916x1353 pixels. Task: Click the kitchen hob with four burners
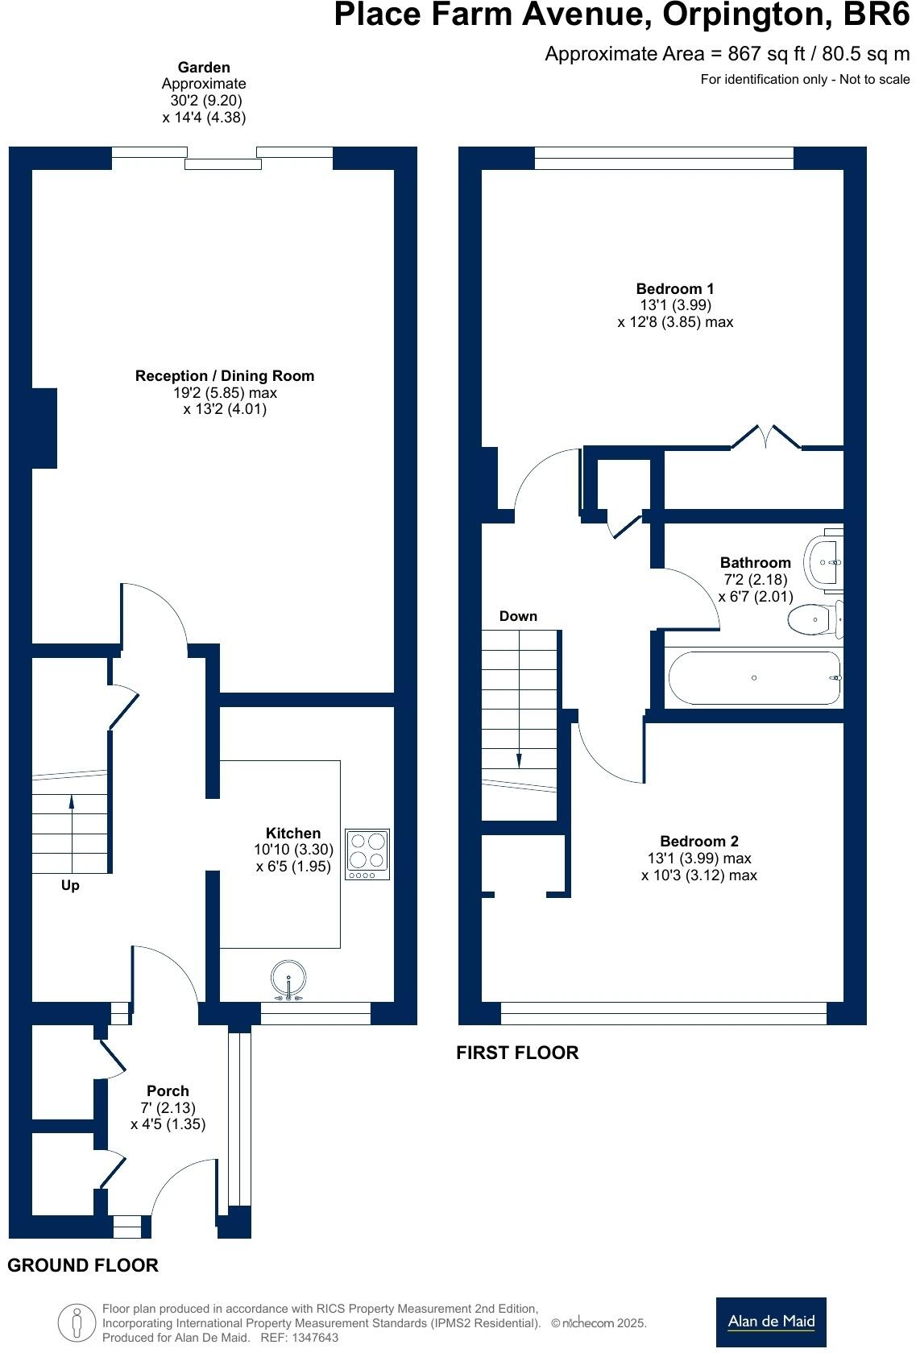pyautogui.click(x=367, y=854)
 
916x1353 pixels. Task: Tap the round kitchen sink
pyautogui.click(x=289, y=979)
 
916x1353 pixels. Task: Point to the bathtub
pyautogui.click(x=754, y=678)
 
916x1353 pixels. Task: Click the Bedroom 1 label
pyautogui.click(x=675, y=288)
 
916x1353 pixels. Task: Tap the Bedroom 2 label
pyautogui.click(x=698, y=842)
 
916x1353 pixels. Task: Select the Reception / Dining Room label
pyautogui.click(x=225, y=376)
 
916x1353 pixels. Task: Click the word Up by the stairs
pyautogui.click(x=70, y=885)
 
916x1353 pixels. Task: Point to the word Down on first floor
pyautogui.click(x=518, y=616)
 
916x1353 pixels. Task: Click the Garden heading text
pyautogui.click(x=204, y=68)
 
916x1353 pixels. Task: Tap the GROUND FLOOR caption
pyautogui.click(x=83, y=1265)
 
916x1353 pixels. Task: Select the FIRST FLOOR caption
pyautogui.click(x=517, y=1053)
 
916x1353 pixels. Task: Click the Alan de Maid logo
pyautogui.click(x=771, y=1322)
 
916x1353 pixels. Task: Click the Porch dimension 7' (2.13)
pyautogui.click(x=168, y=1107)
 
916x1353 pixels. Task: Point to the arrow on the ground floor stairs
pyautogui.click(x=72, y=802)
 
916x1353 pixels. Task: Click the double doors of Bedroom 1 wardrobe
pyautogui.click(x=766, y=437)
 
